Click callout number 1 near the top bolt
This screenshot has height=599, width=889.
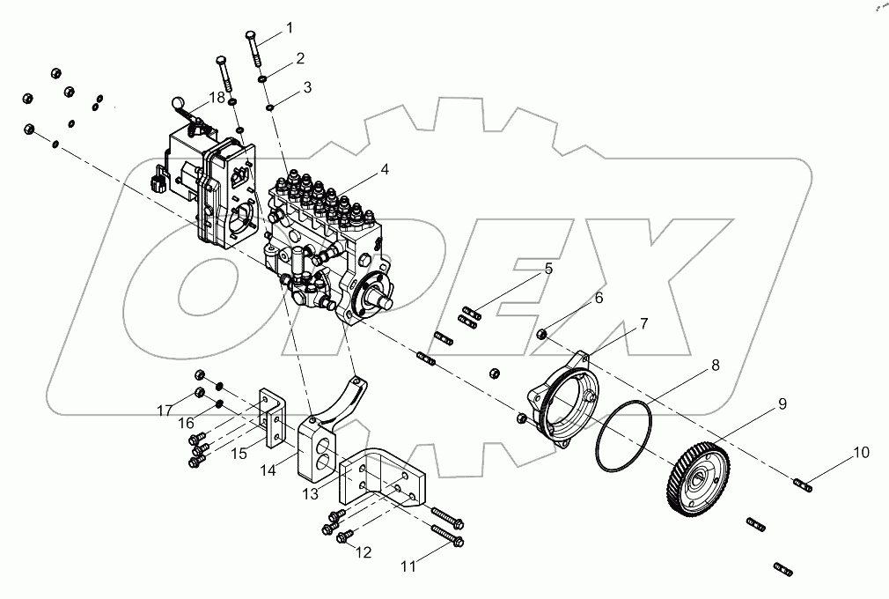(289, 28)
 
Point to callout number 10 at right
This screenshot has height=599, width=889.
(860, 453)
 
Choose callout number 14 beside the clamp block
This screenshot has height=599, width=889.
(268, 470)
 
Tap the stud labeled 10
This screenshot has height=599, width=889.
(802, 483)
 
